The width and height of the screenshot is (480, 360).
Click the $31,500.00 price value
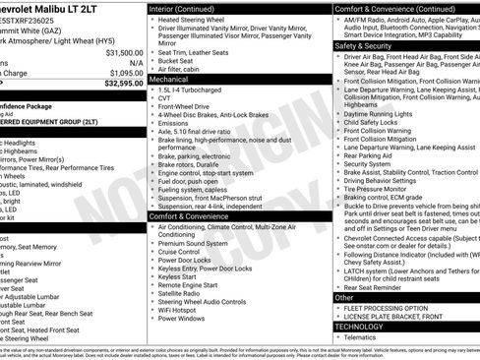coord(124,52)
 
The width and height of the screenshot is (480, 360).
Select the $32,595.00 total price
coord(124,83)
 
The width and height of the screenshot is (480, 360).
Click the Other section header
coord(344,296)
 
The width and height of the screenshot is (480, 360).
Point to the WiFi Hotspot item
coord(183,309)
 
